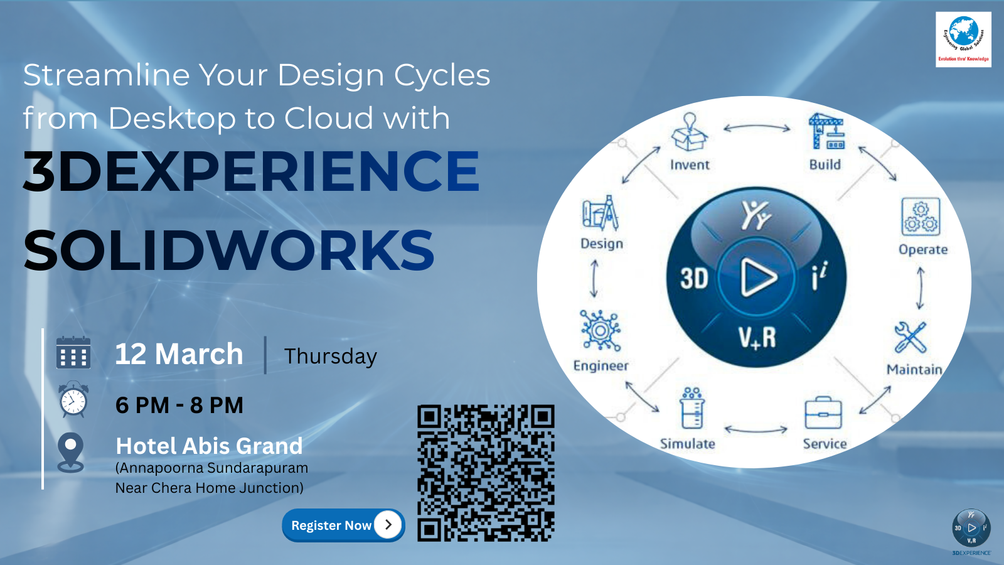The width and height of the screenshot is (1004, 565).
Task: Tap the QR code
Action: (x=486, y=473)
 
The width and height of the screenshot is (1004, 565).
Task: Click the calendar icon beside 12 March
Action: (x=73, y=353)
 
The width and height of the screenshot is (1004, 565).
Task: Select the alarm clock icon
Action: (x=73, y=400)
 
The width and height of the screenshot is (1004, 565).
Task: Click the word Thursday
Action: (x=330, y=357)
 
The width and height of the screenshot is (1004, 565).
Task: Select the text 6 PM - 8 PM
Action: (x=179, y=406)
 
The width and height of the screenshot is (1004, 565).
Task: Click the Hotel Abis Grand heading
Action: (x=209, y=446)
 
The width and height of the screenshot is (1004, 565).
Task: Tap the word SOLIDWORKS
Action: (x=229, y=250)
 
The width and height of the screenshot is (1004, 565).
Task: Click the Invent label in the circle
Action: (x=690, y=165)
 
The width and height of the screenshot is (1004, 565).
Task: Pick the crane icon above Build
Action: (x=826, y=131)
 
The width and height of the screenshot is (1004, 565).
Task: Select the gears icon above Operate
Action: (x=921, y=217)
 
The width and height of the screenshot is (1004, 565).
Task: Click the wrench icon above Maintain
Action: (x=910, y=337)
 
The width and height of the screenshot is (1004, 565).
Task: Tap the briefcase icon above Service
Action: (x=823, y=413)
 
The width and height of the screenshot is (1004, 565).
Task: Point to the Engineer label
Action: (x=601, y=366)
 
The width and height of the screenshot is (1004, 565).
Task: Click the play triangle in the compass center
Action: (x=757, y=277)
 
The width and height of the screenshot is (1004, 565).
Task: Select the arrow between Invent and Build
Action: (x=757, y=128)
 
